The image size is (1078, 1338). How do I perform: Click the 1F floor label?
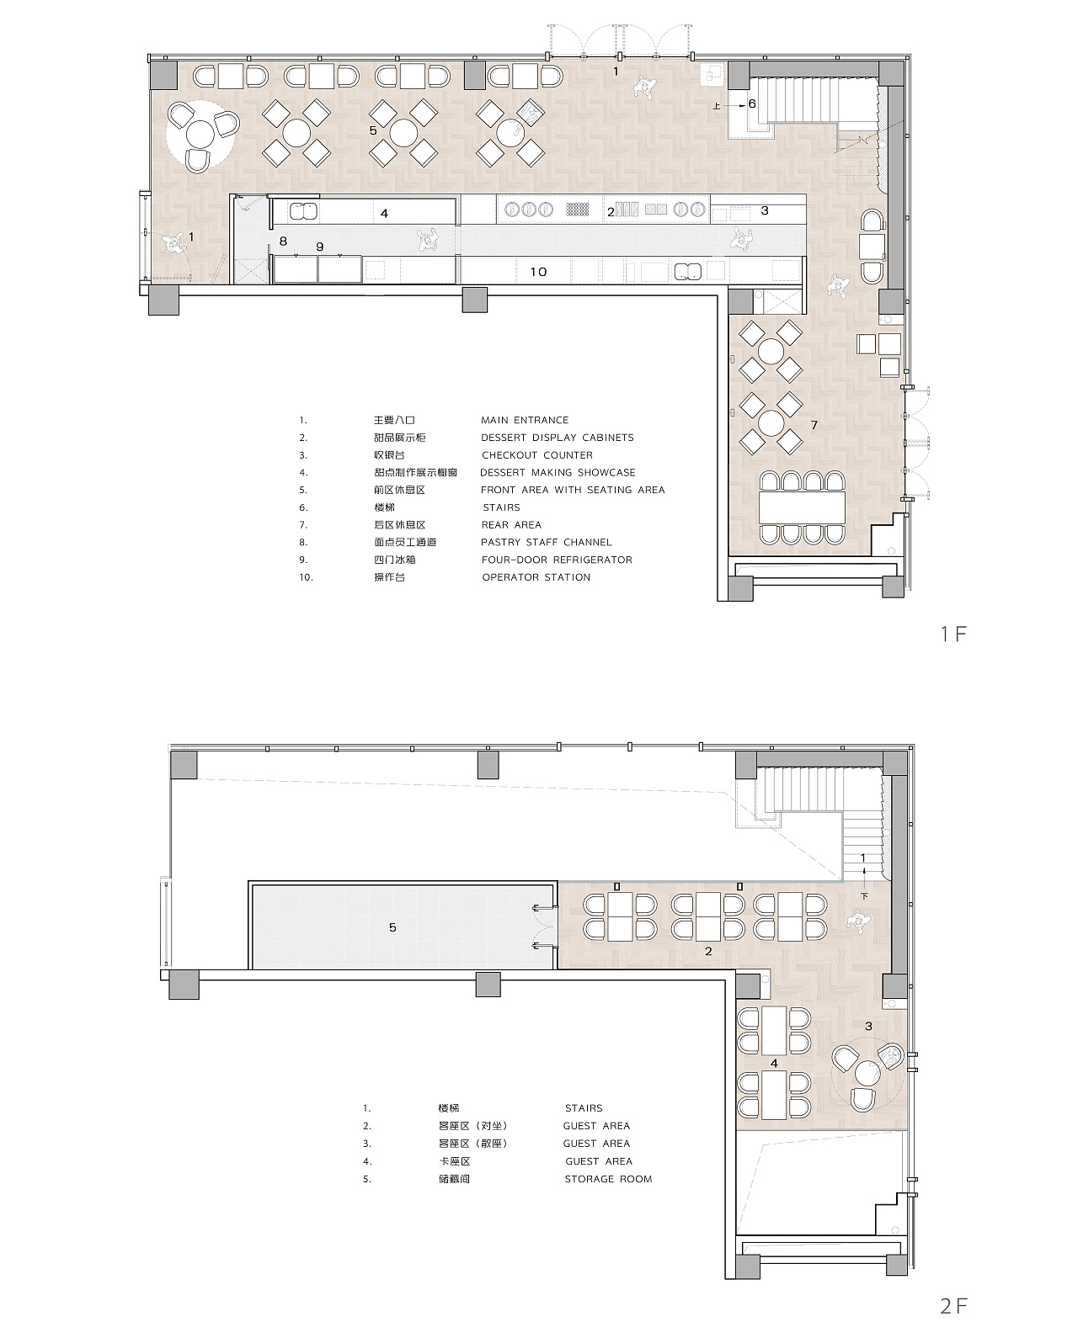(x=953, y=634)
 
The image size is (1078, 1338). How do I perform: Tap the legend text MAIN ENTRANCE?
(x=525, y=420)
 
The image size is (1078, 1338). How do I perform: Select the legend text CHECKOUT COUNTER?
(x=537, y=455)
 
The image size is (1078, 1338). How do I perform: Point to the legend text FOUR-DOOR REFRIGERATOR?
(x=557, y=560)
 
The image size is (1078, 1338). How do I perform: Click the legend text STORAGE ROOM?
(x=608, y=1179)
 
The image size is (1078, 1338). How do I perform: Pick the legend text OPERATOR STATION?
(x=536, y=577)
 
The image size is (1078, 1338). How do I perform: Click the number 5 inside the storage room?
(x=392, y=927)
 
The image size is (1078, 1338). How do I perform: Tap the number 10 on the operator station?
(x=538, y=272)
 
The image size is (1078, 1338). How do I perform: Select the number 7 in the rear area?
(x=814, y=425)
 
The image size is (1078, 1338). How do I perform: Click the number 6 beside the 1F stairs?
(x=752, y=104)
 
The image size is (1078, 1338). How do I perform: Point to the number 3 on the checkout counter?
(x=765, y=210)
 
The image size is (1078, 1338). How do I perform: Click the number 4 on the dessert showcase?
(x=385, y=213)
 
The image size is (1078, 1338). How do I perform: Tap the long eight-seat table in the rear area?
(x=803, y=507)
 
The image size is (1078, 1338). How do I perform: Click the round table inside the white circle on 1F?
(x=200, y=135)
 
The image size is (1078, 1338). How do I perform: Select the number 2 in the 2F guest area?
(x=708, y=951)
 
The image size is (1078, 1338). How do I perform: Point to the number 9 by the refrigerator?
(x=320, y=247)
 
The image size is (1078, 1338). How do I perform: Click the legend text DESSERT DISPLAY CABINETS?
(x=557, y=438)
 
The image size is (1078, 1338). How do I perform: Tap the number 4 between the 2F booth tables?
(x=774, y=1063)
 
